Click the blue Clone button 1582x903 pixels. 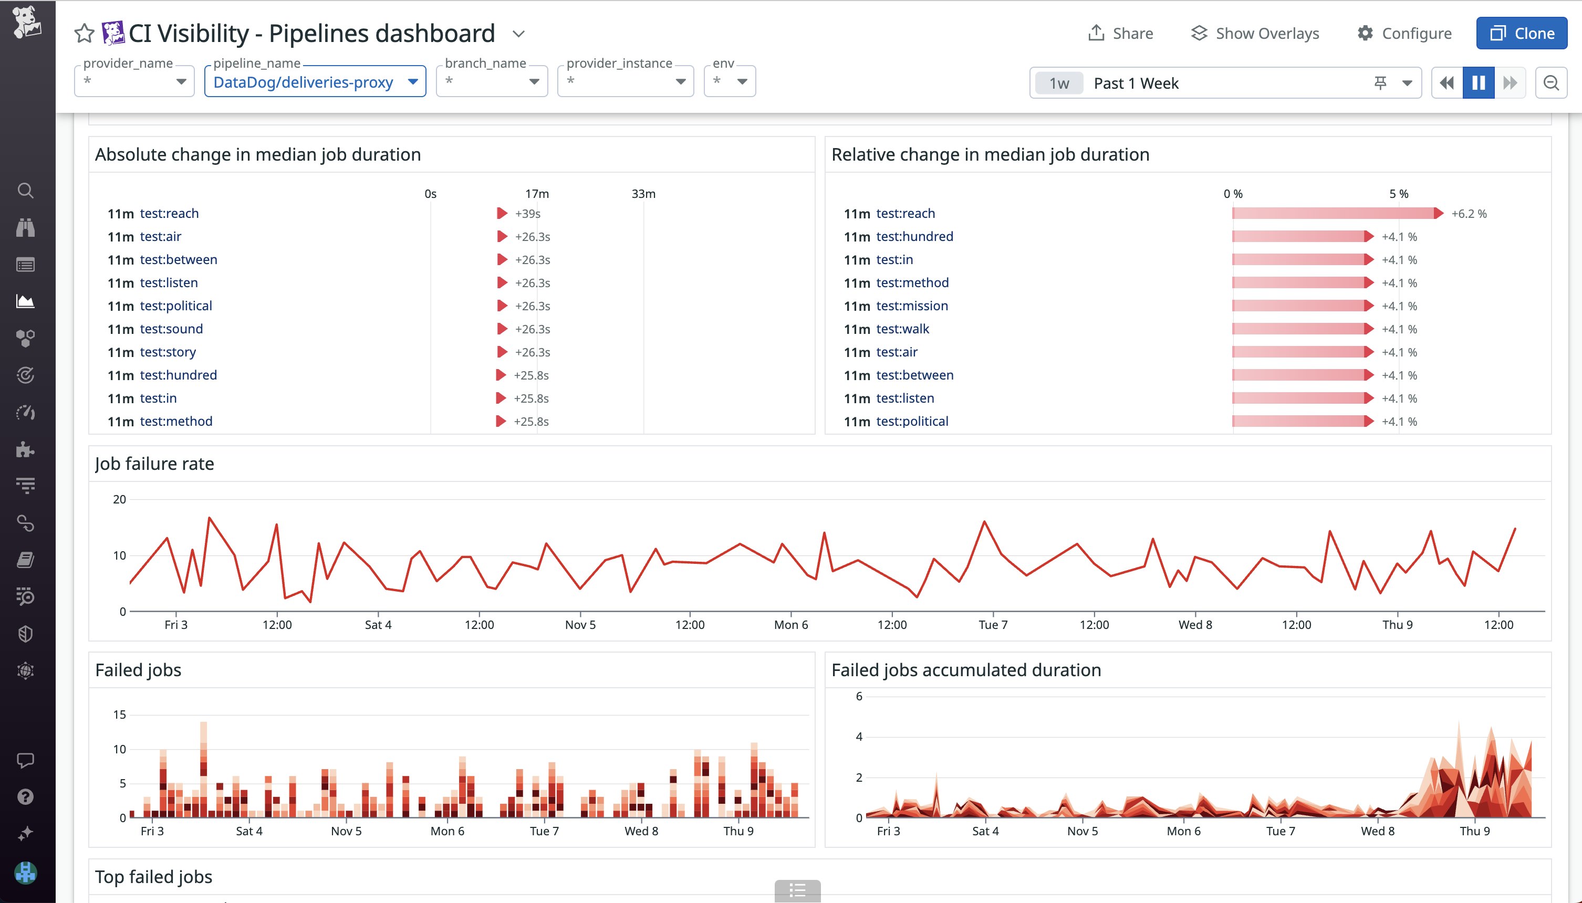(1521, 34)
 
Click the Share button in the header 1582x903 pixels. (1120, 34)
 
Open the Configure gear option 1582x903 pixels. (1404, 34)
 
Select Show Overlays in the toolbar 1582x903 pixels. (1255, 34)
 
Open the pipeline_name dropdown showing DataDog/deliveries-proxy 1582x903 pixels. (315, 82)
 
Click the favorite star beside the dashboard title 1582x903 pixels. (84, 34)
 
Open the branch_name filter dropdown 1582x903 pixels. (491, 82)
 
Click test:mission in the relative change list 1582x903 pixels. (912, 306)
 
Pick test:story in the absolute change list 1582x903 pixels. (168, 352)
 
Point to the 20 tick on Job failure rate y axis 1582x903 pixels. (119, 499)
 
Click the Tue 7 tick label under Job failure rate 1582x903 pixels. (993, 625)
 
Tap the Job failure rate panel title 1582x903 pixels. (154, 464)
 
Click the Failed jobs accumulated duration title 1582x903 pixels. (966, 670)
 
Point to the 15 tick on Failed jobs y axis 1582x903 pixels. (119, 715)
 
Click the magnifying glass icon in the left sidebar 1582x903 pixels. (25, 191)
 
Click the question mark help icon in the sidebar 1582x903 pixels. (25, 797)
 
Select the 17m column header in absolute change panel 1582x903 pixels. (537, 194)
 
